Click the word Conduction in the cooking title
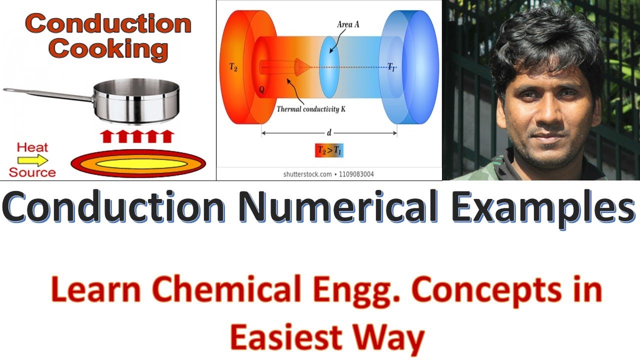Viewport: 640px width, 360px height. (108, 23)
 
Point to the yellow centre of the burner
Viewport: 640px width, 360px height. (138, 162)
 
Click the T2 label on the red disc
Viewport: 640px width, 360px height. (233, 67)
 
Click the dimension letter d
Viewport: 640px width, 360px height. (328, 132)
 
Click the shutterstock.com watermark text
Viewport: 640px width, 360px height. (307, 174)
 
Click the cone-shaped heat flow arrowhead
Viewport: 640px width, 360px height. (302, 65)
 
